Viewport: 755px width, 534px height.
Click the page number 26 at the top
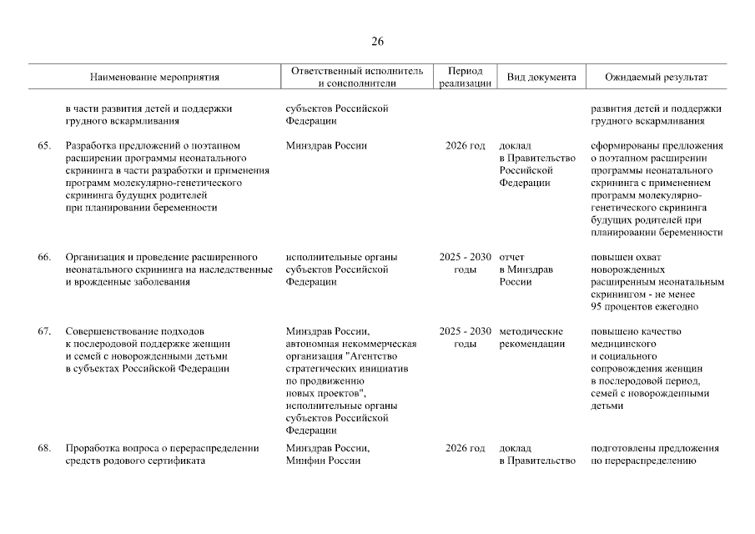click(x=377, y=42)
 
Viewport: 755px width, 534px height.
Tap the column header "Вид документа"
click(x=541, y=78)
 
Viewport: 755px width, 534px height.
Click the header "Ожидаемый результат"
click(x=656, y=78)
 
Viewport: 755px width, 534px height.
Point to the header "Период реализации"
click(x=465, y=78)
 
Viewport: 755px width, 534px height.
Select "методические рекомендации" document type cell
click(x=531, y=338)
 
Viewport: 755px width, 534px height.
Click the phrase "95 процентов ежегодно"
click(x=644, y=307)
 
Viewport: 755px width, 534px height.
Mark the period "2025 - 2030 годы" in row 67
click(x=465, y=338)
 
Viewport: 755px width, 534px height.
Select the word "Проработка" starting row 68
click(x=93, y=448)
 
